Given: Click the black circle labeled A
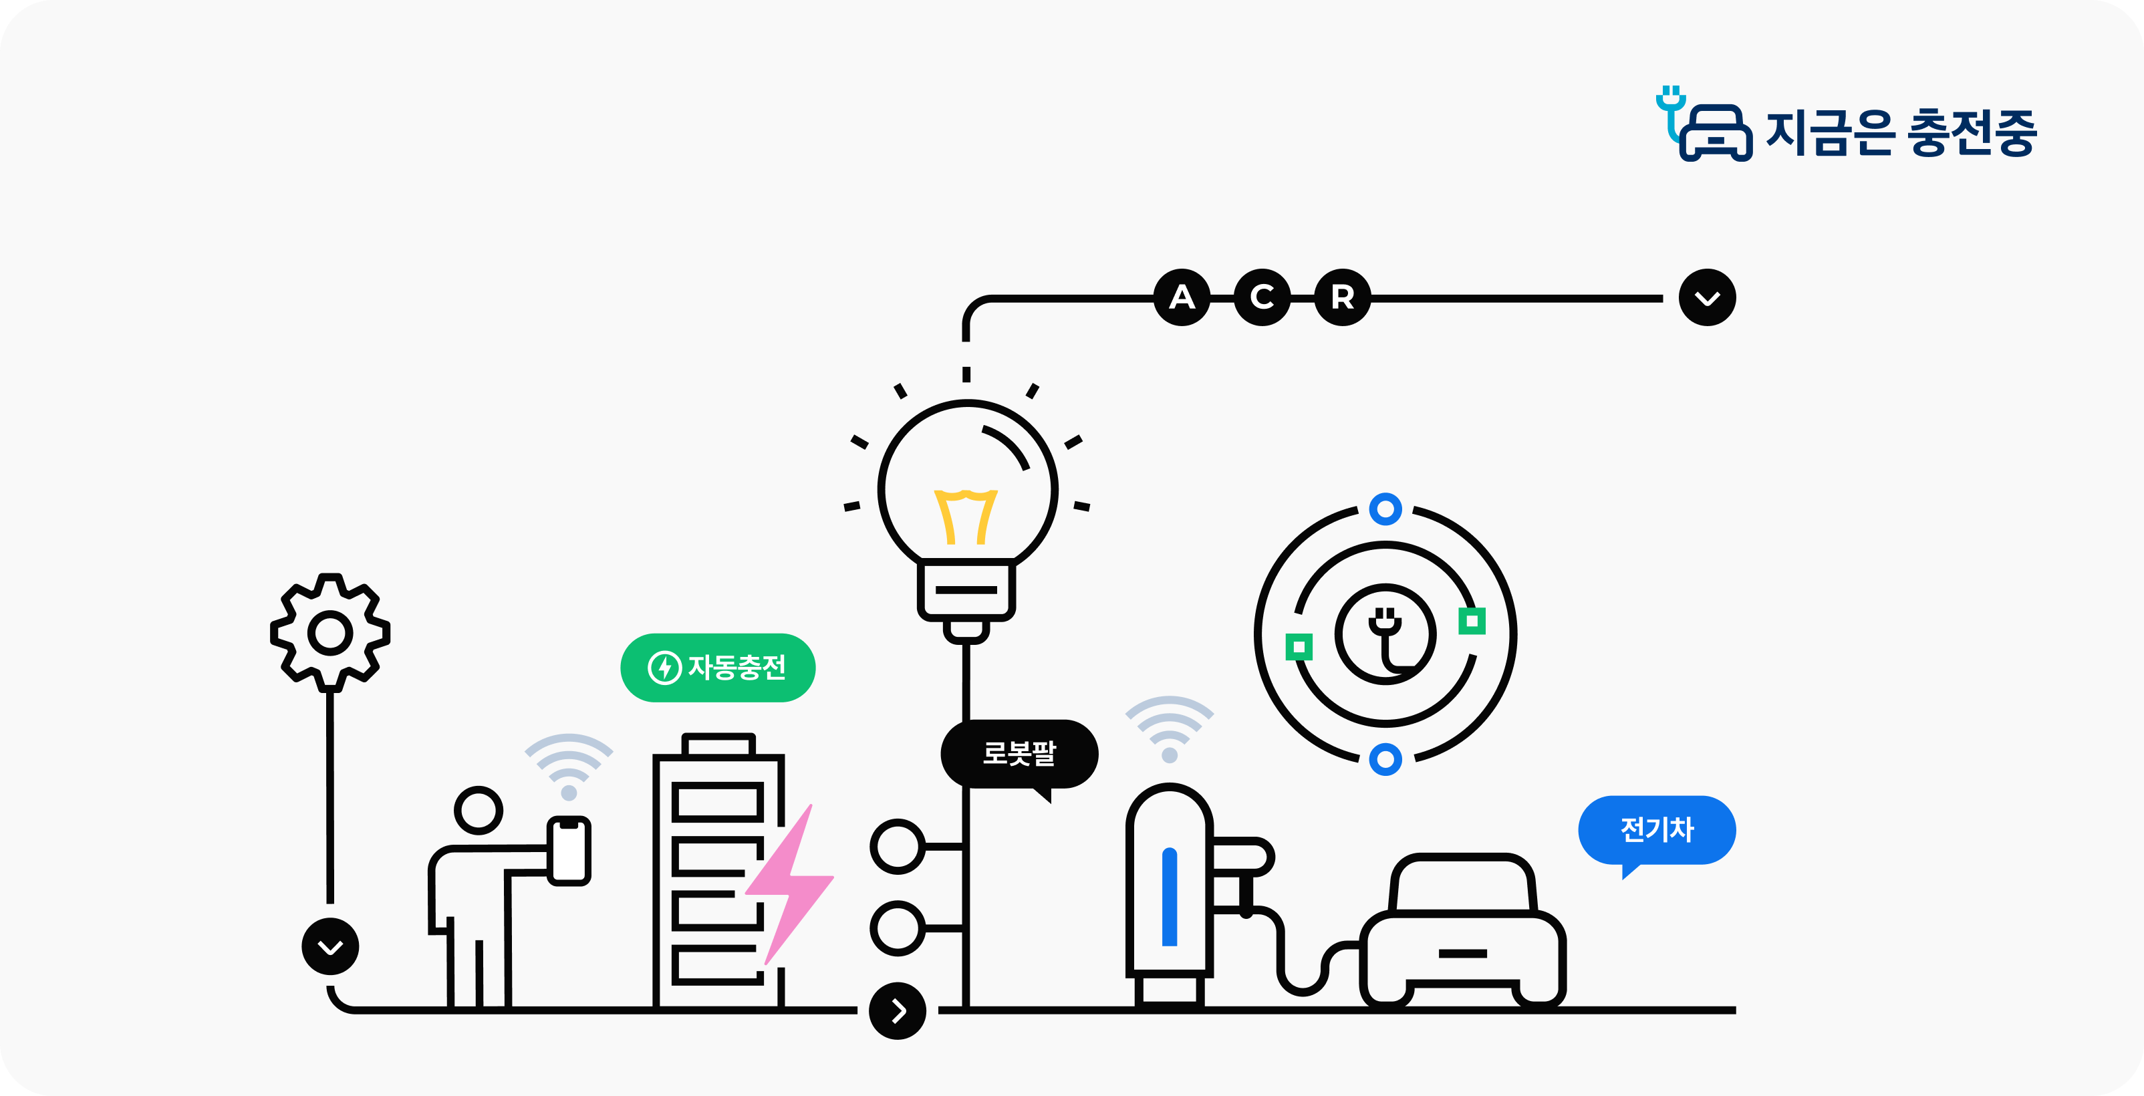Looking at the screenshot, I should [1182, 297].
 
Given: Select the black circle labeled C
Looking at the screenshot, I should [1262, 297].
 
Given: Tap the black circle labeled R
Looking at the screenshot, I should [1341, 297].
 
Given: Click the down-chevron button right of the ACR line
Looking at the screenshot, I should [1707, 297].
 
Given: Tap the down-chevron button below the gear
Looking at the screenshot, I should [330, 946].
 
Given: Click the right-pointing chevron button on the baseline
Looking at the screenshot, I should [897, 1011].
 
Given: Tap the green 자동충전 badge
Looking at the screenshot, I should [717, 668].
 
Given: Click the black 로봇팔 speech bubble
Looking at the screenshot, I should [1019, 754].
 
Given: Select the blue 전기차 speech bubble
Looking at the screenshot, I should [1656, 830].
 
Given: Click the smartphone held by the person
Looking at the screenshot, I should [569, 851].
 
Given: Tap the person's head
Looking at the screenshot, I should [479, 810].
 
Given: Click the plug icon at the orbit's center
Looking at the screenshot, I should [1385, 634].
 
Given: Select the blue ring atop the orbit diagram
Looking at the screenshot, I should [1385, 509].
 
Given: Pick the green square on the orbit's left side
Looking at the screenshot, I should [1299, 647].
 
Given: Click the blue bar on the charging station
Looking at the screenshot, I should [1170, 897].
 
